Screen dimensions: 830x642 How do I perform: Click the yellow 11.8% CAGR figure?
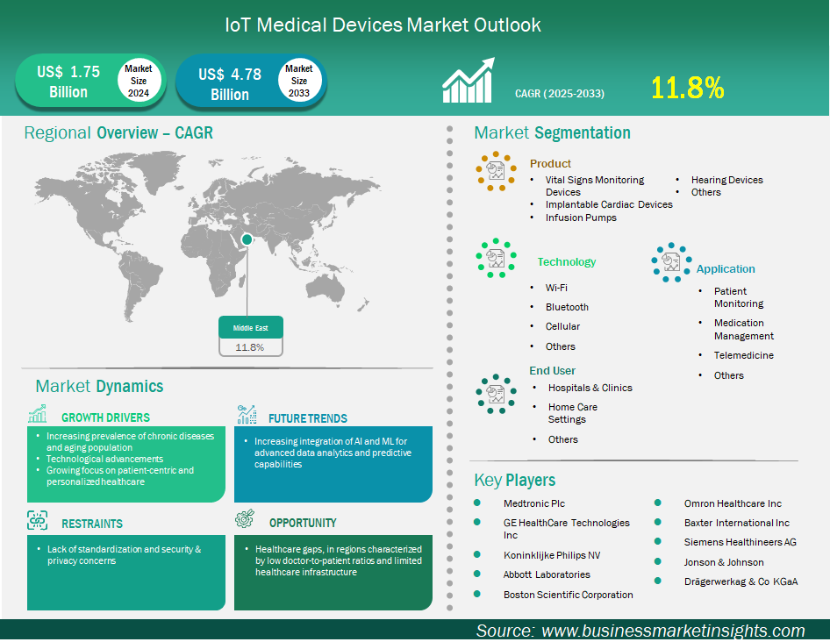pos(687,88)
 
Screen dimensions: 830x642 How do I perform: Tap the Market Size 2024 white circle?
pos(139,81)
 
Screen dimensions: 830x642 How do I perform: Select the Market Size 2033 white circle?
pos(299,81)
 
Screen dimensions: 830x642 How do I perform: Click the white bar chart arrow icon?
pos(469,80)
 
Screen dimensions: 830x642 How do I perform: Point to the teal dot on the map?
pos(247,239)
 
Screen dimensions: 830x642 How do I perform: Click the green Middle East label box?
pos(251,328)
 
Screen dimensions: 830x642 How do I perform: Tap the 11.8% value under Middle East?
pos(250,347)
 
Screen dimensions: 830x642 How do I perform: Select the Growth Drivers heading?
pos(105,417)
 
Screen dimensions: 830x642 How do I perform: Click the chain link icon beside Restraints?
pos(37,521)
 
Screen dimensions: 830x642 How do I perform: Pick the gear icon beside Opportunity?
pos(245,519)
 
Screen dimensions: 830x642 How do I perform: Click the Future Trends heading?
pos(308,418)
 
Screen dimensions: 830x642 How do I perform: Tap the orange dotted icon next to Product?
pos(496,171)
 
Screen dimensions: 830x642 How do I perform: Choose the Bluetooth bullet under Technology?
pos(567,307)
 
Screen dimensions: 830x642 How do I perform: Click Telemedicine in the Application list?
pos(744,355)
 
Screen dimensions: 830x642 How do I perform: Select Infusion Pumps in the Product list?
pos(581,218)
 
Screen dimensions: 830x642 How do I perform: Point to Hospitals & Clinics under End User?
pos(590,388)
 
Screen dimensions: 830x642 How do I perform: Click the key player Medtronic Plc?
pos(534,503)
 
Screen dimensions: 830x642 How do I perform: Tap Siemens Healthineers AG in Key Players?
pos(740,542)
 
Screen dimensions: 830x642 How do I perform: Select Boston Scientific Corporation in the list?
pos(568,595)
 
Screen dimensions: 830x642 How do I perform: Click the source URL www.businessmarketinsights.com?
pos(673,631)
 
